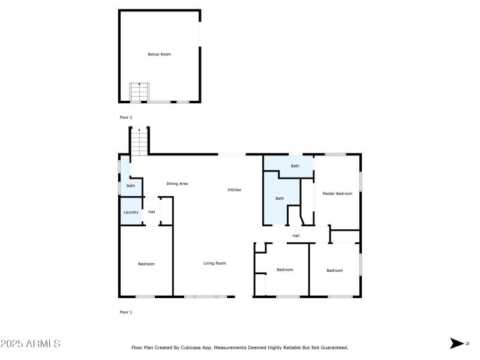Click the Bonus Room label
coord(160,55)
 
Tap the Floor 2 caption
coord(126,118)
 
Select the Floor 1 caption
coord(126,312)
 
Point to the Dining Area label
coord(177,184)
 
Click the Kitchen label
coord(234,190)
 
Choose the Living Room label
coord(214,263)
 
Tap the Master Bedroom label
coord(337,194)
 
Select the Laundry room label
coord(131,212)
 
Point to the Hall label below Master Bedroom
coord(296,236)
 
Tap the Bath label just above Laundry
coord(130,186)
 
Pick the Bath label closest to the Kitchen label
coord(279,199)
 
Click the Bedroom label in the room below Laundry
coord(146,265)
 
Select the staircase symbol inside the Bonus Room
coord(139,93)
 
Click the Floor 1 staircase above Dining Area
coord(139,142)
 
